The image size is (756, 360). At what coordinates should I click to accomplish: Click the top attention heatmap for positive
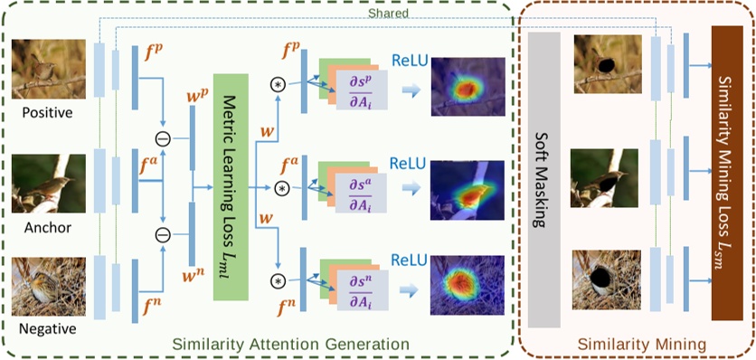[465, 85]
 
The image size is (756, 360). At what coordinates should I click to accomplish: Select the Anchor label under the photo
[49, 227]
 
